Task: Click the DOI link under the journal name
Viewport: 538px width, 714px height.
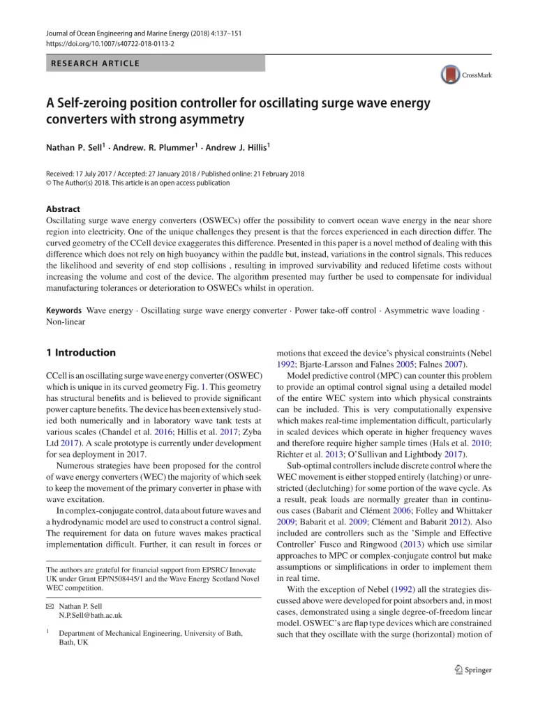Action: [x=110, y=43]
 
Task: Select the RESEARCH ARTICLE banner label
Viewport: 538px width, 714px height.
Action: [x=94, y=63]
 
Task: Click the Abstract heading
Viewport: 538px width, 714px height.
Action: [x=63, y=208]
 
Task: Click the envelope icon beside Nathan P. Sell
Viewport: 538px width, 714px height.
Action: [x=50, y=605]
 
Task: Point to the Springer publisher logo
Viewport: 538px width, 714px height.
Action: [x=472, y=670]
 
